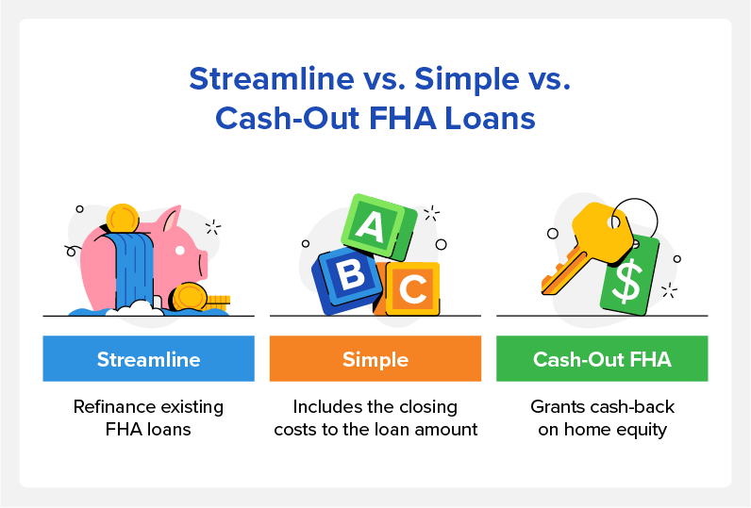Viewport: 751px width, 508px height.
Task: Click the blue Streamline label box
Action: point(148,358)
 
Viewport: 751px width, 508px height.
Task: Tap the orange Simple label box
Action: point(375,358)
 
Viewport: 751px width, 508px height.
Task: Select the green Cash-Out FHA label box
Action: point(602,358)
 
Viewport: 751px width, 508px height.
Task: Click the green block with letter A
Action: point(378,227)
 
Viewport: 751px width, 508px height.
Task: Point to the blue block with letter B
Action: point(347,280)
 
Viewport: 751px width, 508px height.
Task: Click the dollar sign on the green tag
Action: point(627,280)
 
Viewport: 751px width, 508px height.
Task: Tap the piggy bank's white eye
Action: point(180,250)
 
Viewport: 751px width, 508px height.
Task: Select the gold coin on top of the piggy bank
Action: point(123,218)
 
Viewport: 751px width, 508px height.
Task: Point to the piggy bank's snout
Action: point(202,265)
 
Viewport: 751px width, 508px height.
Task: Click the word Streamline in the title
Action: point(272,78)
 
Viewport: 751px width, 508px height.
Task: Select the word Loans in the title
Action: point(490,118)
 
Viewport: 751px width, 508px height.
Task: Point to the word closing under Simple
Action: point(428,407)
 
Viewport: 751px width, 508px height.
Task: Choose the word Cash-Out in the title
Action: point(288,118)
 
